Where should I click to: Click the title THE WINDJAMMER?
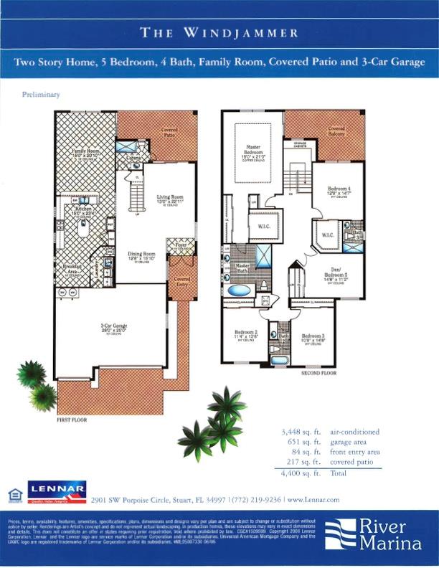point(219,32)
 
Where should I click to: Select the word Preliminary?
point(41,94)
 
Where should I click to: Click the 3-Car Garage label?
point(113,326)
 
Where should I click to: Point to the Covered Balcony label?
point(336,131)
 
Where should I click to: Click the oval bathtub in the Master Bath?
point(240,291)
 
